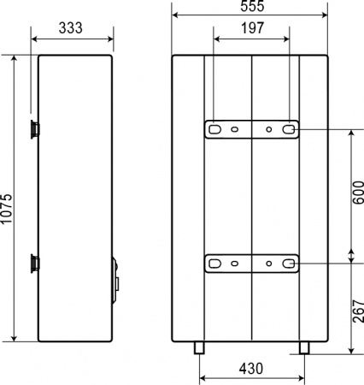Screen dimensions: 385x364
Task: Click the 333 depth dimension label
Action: click(x=71, y=27)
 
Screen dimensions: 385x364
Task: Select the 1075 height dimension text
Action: click(x=8, y=198)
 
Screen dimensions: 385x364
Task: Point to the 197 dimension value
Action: click(x=251, y=27)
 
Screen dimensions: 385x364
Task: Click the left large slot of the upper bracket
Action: click(x=214, y=130)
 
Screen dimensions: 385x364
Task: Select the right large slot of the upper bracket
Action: click(x=289, y=130)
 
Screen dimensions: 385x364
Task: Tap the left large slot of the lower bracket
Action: click(x=214, y=264)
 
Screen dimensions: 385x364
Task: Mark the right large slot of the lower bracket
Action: click(x=289, y=264)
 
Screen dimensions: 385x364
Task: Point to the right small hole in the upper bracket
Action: click(x=269, y=131)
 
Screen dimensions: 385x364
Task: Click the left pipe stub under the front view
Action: click(x=200, y=346)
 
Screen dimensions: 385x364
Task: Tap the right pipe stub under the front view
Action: click(x=303, y=346)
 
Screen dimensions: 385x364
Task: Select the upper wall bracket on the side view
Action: click(x=34, y=128)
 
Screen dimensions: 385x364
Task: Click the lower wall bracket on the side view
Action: click(x=34, y=262)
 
